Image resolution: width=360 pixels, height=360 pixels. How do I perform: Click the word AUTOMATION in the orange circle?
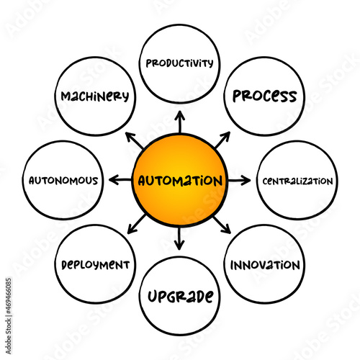pyautogui.click(x=180, y=181)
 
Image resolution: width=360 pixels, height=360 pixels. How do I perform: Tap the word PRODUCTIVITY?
pyautogui.click(x=179, y=63)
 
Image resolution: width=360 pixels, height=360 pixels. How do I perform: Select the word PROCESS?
pyautogui.click(x=265, y=96)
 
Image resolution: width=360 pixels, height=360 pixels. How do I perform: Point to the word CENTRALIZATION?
pyautogui.click(x=297, y=181)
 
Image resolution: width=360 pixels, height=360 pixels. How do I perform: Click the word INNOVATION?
pyautogui.click(x=265, y=265)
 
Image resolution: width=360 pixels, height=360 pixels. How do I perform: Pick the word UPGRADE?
pyautogui.click(x=181, y=297)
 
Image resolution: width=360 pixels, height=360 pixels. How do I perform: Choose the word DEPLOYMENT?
pyautogui.click(x=96, y=265)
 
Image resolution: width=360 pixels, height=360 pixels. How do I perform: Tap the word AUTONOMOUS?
pyautogui.click(x=63, y=181)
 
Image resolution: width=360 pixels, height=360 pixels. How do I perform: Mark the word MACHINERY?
pyautogui.click(x=95, y=96)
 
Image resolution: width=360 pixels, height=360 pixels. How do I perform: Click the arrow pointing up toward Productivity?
pyautogui.click(x=180, y=122)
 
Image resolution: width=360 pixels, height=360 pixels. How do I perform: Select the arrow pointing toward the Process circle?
pyautogui.click(x=222, y=140)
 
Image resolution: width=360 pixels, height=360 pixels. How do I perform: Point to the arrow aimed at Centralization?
pyautogui.click(x=239, y=181)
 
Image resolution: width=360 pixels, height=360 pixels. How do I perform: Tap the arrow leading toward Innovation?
pyautogui.click(x=222, y=225)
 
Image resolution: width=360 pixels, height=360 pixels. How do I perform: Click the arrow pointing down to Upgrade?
pyautogui.click(x=179, y=238)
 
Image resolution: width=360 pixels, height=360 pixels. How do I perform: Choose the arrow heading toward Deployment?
pyautogui.click(x=136, y=224)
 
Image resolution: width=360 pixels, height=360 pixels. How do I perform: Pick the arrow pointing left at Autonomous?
pyautogui.click(x=120, y=180)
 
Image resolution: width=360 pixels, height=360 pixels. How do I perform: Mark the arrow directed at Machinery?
pyautogui.click(x=135, y=140)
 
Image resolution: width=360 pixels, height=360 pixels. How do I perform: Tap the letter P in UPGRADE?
pyautogui.click(x=163, y=297)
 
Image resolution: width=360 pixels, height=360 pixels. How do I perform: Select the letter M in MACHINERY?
pyautogui.click(x=66, y=96)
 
